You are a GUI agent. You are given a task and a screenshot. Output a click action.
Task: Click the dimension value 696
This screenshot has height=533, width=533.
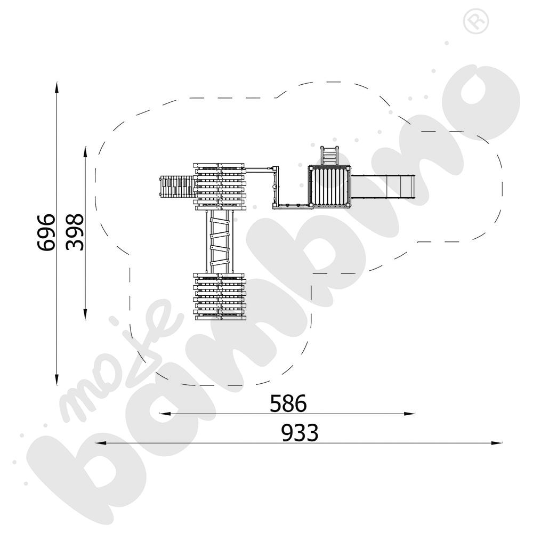[x=45, y=232]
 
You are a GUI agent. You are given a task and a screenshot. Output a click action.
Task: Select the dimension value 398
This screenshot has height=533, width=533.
[x=75, y=232]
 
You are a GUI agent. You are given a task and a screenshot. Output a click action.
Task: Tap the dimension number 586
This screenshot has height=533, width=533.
[x=288, y=403]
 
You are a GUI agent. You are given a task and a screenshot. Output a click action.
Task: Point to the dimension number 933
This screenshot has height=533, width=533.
[x=300, y=433]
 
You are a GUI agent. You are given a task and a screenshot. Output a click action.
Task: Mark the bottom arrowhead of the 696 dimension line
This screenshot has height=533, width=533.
[x=57, y=380]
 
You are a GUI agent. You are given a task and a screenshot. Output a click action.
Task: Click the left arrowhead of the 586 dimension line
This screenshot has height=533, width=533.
[x=165, y=414]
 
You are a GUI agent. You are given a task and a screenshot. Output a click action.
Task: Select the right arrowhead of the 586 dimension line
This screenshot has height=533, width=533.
[x=409, y=414]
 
